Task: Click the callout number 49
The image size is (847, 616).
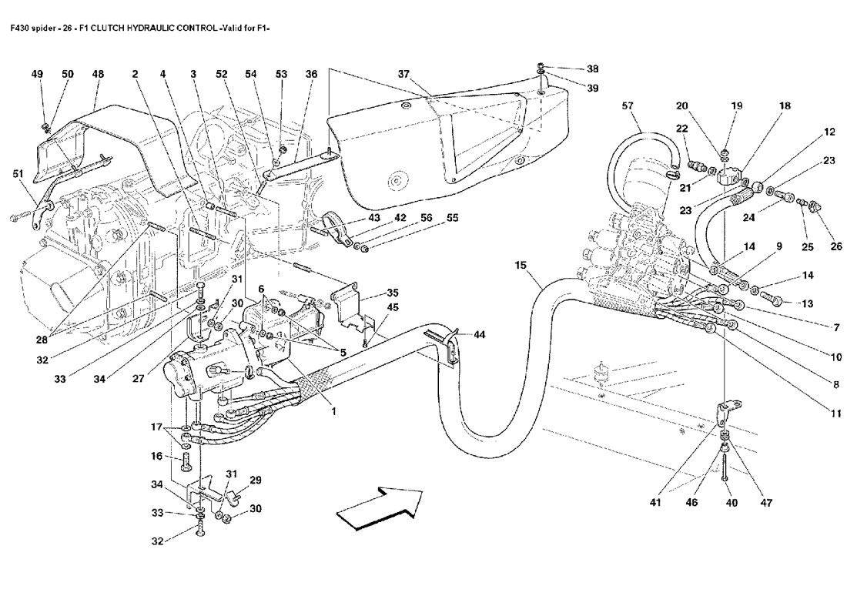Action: click(37, 74)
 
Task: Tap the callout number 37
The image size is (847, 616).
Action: click(403, 74)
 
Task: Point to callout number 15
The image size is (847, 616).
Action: click(521, 266)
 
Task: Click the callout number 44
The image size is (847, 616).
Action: click(480, 335)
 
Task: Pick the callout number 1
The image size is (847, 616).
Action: click(334, 411)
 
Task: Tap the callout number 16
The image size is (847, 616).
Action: click(157, 456)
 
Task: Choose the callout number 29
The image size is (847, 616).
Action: click(256, 480)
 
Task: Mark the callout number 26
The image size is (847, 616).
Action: click(836, 247)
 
